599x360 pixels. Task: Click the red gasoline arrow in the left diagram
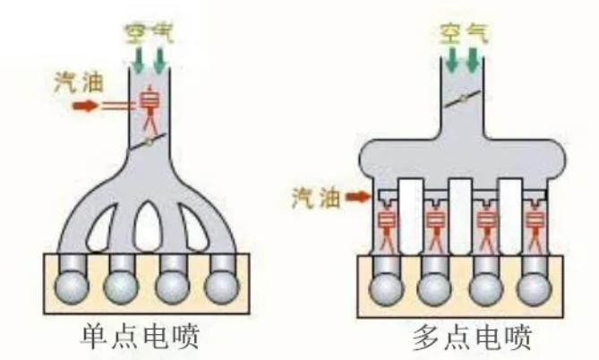(x=86, y=106)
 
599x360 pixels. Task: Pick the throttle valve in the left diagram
(x=150, y=141)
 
